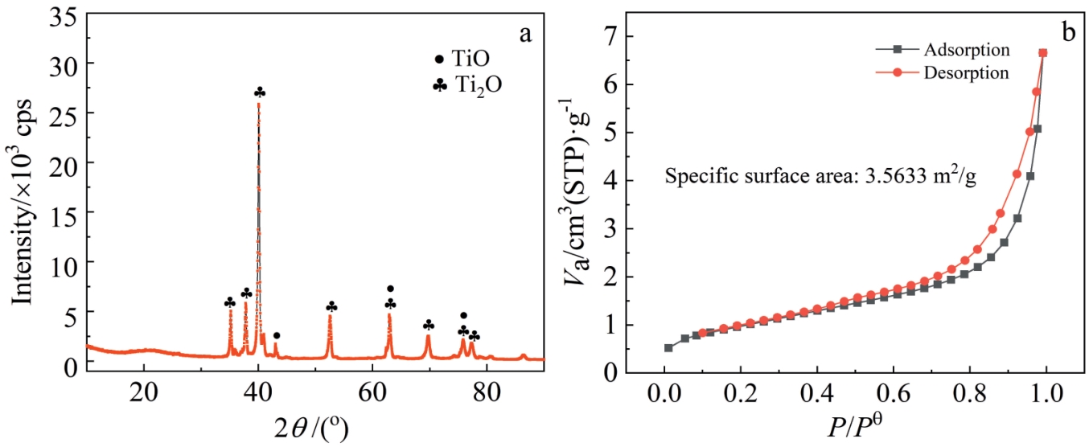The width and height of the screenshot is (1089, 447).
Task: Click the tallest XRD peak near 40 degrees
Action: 258,105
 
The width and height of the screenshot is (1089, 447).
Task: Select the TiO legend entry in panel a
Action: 463,59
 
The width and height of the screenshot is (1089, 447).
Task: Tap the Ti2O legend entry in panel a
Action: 466,84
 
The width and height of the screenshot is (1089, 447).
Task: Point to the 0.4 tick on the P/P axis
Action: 816,396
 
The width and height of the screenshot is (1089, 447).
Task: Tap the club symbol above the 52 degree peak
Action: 331,306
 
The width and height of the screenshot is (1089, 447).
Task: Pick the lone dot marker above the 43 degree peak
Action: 277,335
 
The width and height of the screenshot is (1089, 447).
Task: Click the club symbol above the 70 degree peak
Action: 429,325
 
